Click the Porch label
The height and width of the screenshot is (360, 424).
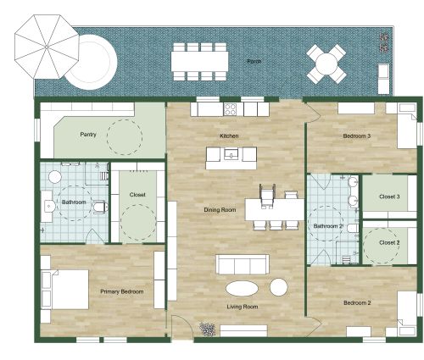coord(254,62)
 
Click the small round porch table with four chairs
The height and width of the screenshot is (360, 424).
coord(326,60)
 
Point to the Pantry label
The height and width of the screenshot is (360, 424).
coord(87,135)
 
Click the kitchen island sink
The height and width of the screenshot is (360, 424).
coord(232,155)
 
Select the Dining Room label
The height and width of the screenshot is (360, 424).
coord(219,209)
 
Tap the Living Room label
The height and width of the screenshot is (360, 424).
coord(243,307)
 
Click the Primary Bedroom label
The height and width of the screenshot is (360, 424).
coord(122,291)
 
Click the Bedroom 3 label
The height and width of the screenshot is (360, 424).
coord(357,136)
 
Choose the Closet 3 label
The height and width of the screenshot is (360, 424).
coord(389,196)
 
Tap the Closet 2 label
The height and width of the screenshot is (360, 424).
coord(388,242)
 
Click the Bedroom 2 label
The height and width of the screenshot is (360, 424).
coord(357,302)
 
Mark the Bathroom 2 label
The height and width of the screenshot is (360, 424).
coord(328,226)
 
